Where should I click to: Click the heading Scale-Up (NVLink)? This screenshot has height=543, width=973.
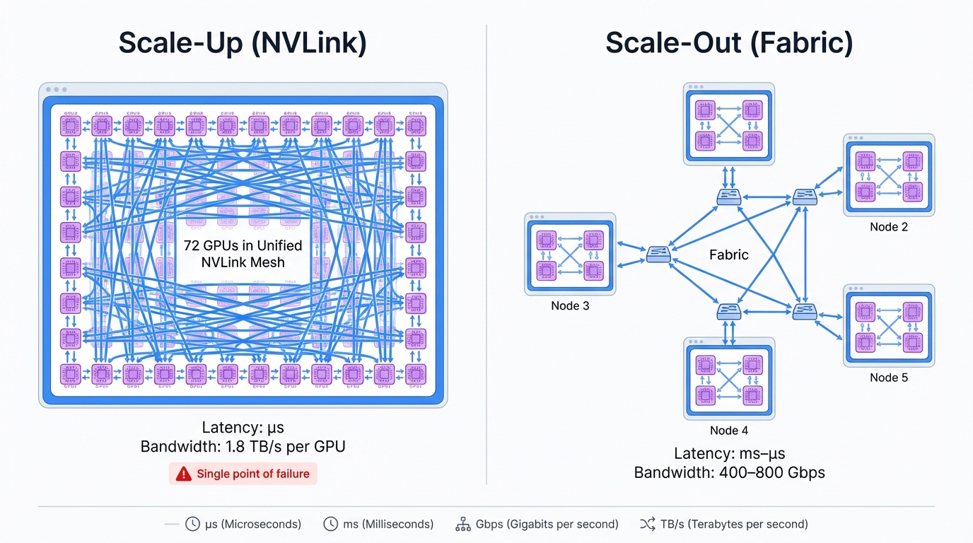click(x=243, y=43)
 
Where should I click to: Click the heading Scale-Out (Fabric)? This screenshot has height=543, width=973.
click(x=729, y=43)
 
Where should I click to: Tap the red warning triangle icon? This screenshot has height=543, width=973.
click(x=183, y=474)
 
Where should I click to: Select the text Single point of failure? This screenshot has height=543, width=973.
click(x=252, y=474)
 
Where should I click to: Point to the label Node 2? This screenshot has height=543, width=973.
click(x=889, y=227)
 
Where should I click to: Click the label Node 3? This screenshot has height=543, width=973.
click(x=570, y=306)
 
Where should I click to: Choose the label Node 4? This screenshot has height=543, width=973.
click(x=729, y=431)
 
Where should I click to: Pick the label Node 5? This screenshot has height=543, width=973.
click(x=889, y=378)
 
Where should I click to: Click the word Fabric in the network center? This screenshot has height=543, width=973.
click(x=728, y=255)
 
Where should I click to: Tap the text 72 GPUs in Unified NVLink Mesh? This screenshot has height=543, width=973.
click(x=243, y=254)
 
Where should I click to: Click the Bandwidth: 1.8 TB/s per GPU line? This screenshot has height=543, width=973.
click(x=243, y=447)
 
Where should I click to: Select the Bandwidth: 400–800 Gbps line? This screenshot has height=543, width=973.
click(x=729, y=472)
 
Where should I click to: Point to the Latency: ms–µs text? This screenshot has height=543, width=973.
click(x=729, y=454)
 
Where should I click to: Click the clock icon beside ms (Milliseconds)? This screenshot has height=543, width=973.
click(x=330, y=524)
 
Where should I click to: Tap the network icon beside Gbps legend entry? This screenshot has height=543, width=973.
click(x=463, y=524)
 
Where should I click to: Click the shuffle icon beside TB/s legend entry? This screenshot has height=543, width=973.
click(x=647, y=524)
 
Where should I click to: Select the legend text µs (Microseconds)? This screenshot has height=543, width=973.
click(x=252, y=524)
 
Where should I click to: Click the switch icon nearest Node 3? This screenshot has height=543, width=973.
click(x=658, y=255)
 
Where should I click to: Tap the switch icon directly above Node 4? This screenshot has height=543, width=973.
click(x=728, y=310)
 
